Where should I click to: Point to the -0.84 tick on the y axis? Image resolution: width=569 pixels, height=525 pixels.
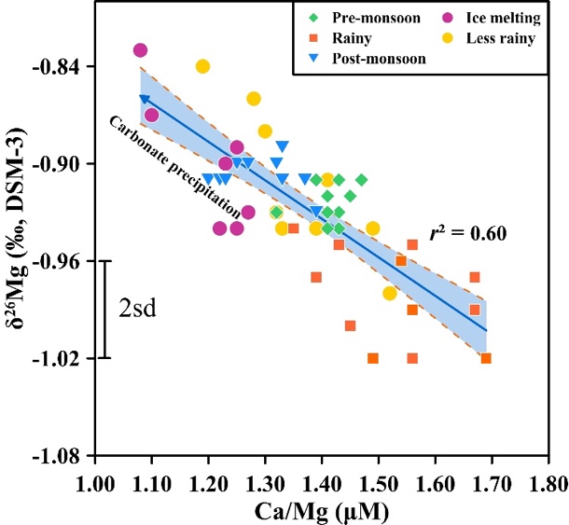[62, 66]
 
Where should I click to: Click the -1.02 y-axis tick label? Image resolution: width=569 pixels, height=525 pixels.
[62, 358]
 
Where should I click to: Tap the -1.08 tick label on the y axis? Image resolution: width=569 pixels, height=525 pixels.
[62, 456]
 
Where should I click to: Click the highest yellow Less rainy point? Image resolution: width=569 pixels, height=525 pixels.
[202, 66]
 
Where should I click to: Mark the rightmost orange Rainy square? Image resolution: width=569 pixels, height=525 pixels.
[486, 358]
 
